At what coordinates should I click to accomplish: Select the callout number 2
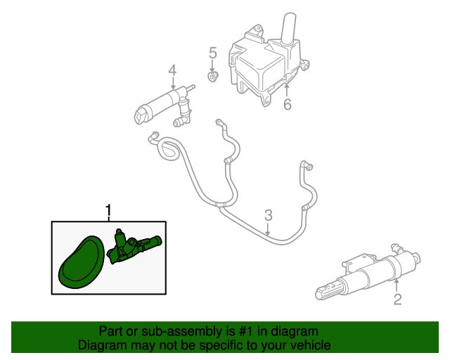click(x=397, y=300)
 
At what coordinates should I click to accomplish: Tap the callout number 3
click(x=268, y=215)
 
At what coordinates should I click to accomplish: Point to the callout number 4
click(x=172, y=70)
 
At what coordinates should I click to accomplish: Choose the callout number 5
click(x=212, y=53)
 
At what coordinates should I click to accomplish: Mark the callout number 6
click(x=288, y=104)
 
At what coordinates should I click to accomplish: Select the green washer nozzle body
click(x=134, y=246)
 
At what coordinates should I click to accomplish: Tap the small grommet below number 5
click(x=212, y=77)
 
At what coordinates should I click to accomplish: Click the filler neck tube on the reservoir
click(x=288, y=28)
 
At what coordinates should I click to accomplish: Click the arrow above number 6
click(x=287, y=89)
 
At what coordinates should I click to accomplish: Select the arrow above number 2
click(x=397, y=285)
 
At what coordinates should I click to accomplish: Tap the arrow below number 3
click(x=267, y=229)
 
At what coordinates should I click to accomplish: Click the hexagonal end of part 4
click(x=141, y=115)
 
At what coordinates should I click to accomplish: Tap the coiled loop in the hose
click(x=169, y=148)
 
